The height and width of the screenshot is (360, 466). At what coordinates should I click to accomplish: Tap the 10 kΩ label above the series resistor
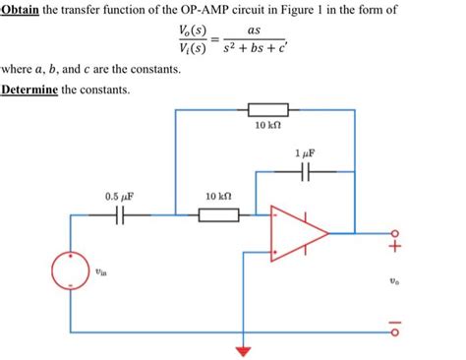click(x=218, y=197)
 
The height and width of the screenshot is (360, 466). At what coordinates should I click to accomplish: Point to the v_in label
click(x=102, y=275)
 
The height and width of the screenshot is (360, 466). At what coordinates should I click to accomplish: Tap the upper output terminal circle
click(x=395, y=233)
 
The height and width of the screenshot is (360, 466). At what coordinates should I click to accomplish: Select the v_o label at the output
click(x=395, y=280)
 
